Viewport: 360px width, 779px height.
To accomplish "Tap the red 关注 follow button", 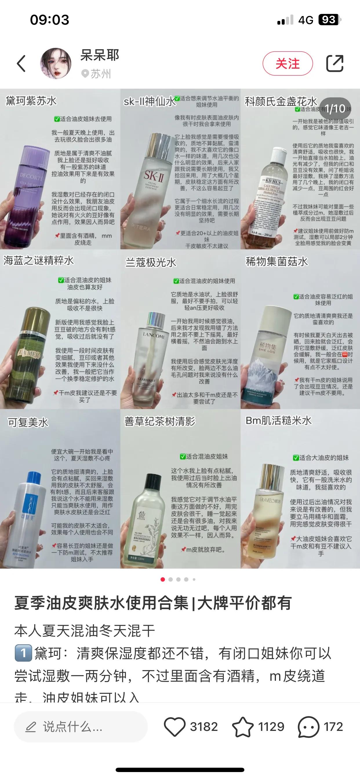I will [288, 63].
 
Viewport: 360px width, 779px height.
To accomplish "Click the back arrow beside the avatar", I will [21, 63].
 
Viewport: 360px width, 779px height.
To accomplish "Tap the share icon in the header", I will [334, 63].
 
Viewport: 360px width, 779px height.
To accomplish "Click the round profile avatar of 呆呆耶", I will [56, 63].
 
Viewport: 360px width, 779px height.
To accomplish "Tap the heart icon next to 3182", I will [174, 726].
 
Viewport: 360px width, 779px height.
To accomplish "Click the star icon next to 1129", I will [243, 726].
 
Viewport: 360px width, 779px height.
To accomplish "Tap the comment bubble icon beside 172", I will [308, 726].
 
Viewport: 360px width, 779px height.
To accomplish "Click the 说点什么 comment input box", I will [81, 726].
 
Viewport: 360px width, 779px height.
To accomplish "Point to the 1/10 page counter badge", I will [335, 109].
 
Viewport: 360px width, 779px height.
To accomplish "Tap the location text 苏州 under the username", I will [101, 74].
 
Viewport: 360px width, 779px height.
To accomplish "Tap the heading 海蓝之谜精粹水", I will [39, 260].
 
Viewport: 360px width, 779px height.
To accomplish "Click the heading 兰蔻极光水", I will [151, 263].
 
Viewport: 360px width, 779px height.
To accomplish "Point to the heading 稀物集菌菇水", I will [277, 262].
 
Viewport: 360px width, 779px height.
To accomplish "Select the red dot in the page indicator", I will [163, 579].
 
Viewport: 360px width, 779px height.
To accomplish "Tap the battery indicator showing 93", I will [329, 20].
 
